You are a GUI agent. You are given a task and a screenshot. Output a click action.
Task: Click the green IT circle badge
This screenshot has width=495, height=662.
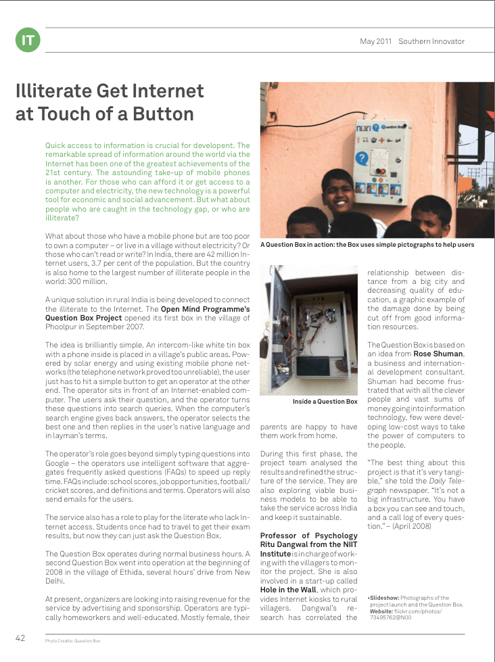(27, 41)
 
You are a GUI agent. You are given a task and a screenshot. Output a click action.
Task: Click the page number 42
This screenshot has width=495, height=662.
(20, 637)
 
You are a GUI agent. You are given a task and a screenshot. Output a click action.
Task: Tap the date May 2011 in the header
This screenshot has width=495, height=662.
(376, 41)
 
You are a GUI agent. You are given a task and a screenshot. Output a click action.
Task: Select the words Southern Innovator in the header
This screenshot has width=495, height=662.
(431, 41)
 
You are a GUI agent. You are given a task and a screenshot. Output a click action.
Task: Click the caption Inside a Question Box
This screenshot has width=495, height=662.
(325, 402)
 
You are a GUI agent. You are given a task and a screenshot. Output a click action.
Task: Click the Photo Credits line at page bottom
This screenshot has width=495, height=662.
(73, 640)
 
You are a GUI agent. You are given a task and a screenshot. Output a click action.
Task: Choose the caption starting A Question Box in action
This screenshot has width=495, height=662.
(367, 245)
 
